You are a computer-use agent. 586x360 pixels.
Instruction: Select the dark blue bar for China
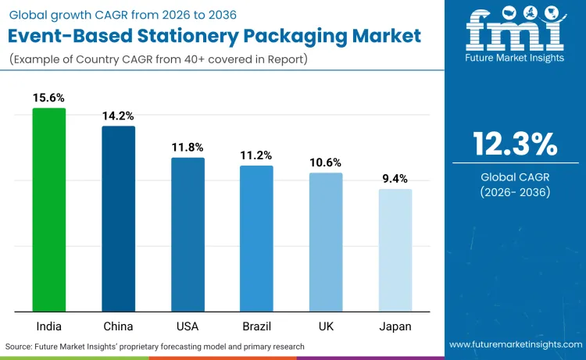118,219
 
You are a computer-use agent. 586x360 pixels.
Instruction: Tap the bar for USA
188,234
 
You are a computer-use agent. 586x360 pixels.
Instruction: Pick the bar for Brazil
256,238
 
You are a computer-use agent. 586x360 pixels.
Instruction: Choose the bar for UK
326,242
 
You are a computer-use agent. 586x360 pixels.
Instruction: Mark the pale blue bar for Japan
395,250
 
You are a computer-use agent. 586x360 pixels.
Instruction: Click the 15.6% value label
48,98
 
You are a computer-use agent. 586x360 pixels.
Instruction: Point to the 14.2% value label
118,116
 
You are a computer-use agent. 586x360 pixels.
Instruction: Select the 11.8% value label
188,147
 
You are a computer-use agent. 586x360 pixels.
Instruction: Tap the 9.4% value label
395,179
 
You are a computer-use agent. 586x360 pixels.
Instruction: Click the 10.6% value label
326,162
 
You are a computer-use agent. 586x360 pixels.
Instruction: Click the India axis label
48,326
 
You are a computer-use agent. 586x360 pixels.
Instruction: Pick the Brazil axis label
256,326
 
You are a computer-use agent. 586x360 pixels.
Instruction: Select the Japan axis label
395,326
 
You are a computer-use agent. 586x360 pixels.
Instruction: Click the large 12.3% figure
515,144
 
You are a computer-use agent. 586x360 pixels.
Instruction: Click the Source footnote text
155,345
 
